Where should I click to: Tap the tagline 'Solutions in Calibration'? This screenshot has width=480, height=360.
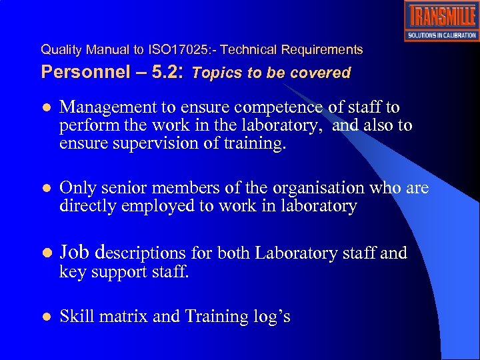[x=441, y=35]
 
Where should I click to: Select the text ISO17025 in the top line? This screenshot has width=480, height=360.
[x=174, y=50]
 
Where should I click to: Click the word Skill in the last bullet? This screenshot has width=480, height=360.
[x=75, y=316]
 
